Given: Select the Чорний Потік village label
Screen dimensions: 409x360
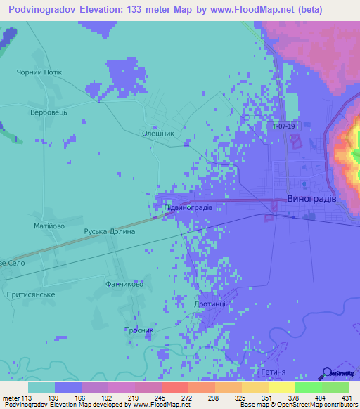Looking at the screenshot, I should pos(39,72).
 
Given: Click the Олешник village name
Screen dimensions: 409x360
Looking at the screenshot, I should pos(158,134).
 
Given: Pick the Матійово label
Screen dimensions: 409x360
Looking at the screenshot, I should pos(49,226).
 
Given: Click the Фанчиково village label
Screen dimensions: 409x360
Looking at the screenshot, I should pos(124,285).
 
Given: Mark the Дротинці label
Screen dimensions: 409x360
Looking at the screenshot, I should pos(210,304).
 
